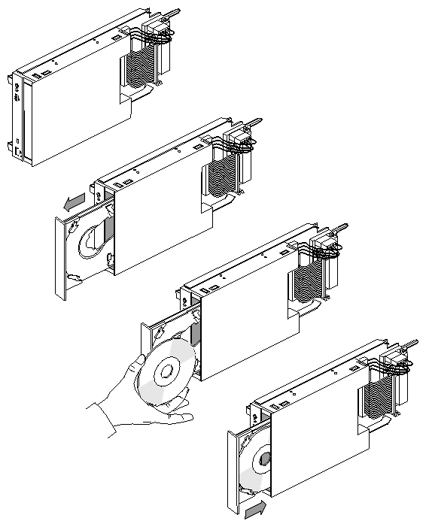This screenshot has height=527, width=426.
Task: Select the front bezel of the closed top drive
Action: tap(20, 117)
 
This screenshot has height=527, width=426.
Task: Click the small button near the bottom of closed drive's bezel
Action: tap(17, 144)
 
